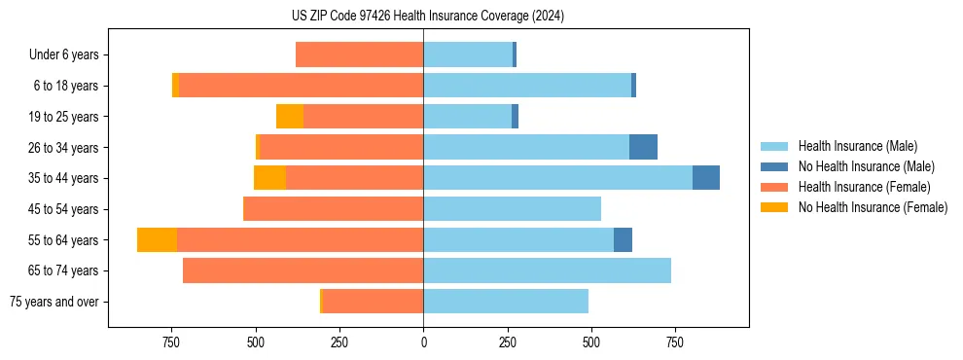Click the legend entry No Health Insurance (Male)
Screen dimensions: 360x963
pyautogui.click(x=866, y=166)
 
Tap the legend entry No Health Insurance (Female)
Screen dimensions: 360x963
pyautogui.click(x=873, y=207)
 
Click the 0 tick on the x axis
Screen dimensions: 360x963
pyautogui.click(x=423, y=342)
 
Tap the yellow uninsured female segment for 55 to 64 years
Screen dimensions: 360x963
pyautogui.click(x=157, y=239)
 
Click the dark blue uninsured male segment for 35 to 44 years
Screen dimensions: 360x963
pyautogui.click(x=706, y=178)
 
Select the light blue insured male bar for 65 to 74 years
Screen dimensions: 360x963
pyautogui.click(x=547, y=270)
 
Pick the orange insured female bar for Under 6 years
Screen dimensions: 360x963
pyautogui.click(x=359, y=54)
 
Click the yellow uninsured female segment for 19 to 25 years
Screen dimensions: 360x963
pyautogui.click(x=290, y=117)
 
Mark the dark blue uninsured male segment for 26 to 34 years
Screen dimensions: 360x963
pyautogui.click(x=643, y=147)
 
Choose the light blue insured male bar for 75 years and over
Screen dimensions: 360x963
pyautogui.click(x=506, y=302)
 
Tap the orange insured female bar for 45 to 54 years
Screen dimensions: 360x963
pyautogui.click(x=333, y=209)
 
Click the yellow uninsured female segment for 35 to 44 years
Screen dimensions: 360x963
pyautogui.click(x=269, y=178)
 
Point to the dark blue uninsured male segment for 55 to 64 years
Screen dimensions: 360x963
pyautogui.click(x=623, y=239)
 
